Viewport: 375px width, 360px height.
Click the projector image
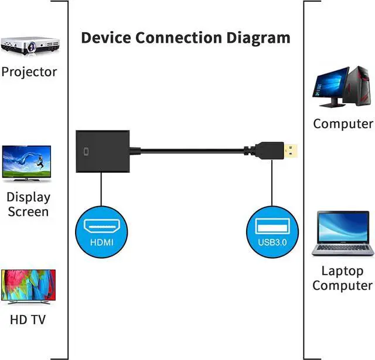pyautogui.click(x=30, y=46)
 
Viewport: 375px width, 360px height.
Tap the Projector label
pyautogui.click(x=29, y=72)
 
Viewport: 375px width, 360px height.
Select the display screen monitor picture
pyautogui.click(x=26, y=163)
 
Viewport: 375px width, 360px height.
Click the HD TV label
pyautogui.click(x=28, y=320)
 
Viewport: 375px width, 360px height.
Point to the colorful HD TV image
pyautogui.click(x=29, y=286)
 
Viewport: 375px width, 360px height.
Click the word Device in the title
pyautogui.click(x=106, y=37)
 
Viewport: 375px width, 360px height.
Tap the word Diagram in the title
pyautogui.click(x=258, y=39)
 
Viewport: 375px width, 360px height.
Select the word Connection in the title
pyautogui.click(x=179, y=37)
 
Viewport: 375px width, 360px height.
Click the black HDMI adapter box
pyautogui.click(x=103, y=152)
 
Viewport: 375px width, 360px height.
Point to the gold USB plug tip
pyautogui.click(x=291, y=151)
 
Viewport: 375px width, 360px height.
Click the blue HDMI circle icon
pyautogui.click(x=101, y=232)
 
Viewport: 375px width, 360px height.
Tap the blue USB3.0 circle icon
pyautogui.click(x=272, y=232)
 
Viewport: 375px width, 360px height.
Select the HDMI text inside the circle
pyautogui.click(x=101, y=242)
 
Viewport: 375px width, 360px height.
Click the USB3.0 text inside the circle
pyautogui.click(x=272, y=242)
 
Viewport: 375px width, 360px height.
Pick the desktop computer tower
pyautogui.click(x=358, y=86)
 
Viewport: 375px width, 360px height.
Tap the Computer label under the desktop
pyautogui.click(x=343, y=124)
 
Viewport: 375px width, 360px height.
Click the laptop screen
pyautogui.click(x=343, y=227)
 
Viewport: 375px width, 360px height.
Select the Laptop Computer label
pyautogui.click(x=342, y=279)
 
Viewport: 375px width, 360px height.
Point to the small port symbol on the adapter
pyautogui.click(x=86, y=152)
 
